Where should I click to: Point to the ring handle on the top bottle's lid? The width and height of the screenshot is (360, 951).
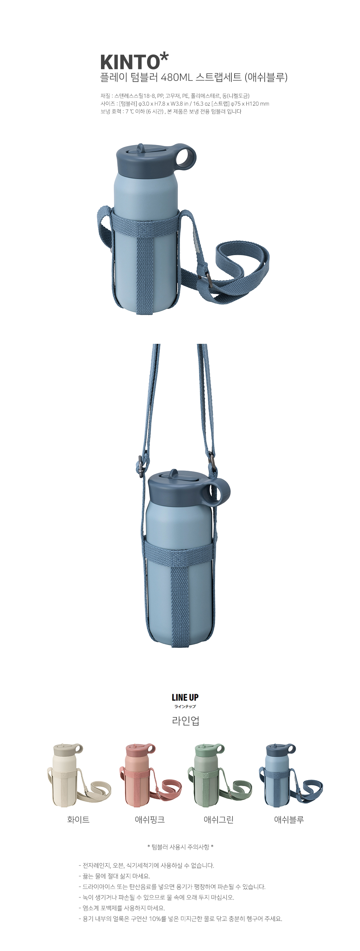point(186,158)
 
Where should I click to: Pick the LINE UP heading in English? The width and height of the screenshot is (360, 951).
point(185,697)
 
